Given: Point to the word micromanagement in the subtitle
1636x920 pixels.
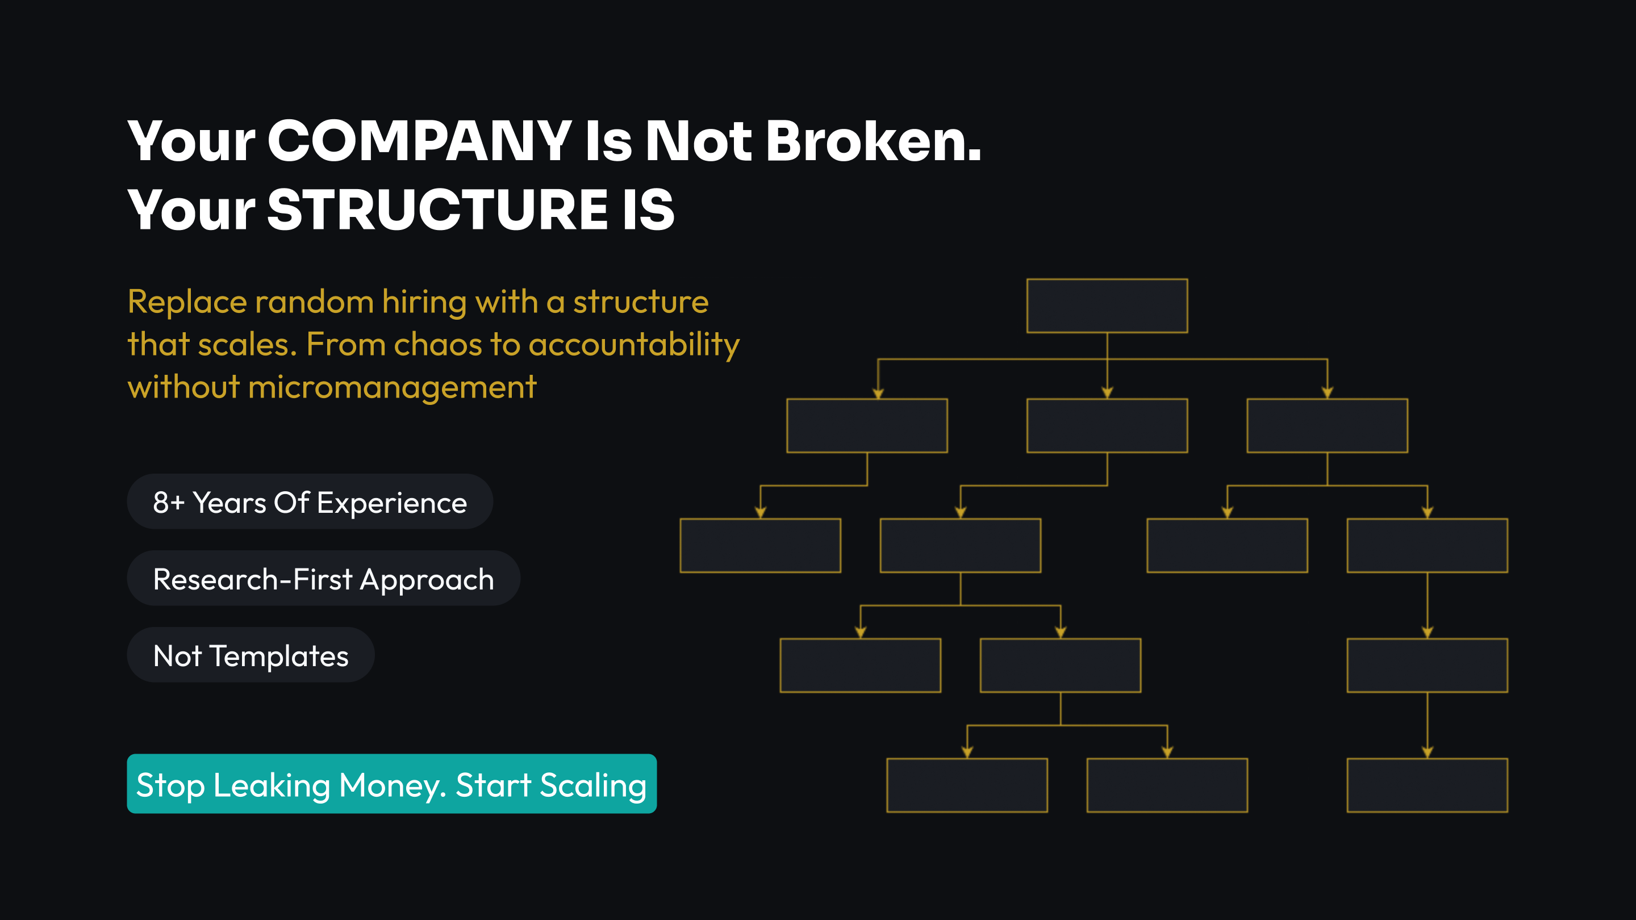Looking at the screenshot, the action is (393, 387).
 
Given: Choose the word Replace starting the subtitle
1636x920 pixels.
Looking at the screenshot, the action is (187, 303).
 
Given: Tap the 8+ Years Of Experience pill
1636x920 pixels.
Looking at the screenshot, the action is (310, 501).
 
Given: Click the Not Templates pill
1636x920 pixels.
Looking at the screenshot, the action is (251, 655).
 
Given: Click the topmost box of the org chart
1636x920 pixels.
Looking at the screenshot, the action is (1107, 306).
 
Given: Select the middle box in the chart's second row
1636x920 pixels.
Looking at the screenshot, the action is (1107, 425).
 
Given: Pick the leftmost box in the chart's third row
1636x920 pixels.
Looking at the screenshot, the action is (760, 545).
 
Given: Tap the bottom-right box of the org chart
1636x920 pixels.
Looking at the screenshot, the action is (1427, 785).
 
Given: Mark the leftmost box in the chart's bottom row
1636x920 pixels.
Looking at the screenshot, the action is (967, 785).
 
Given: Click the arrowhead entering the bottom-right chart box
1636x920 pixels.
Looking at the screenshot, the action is (1427, 753).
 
